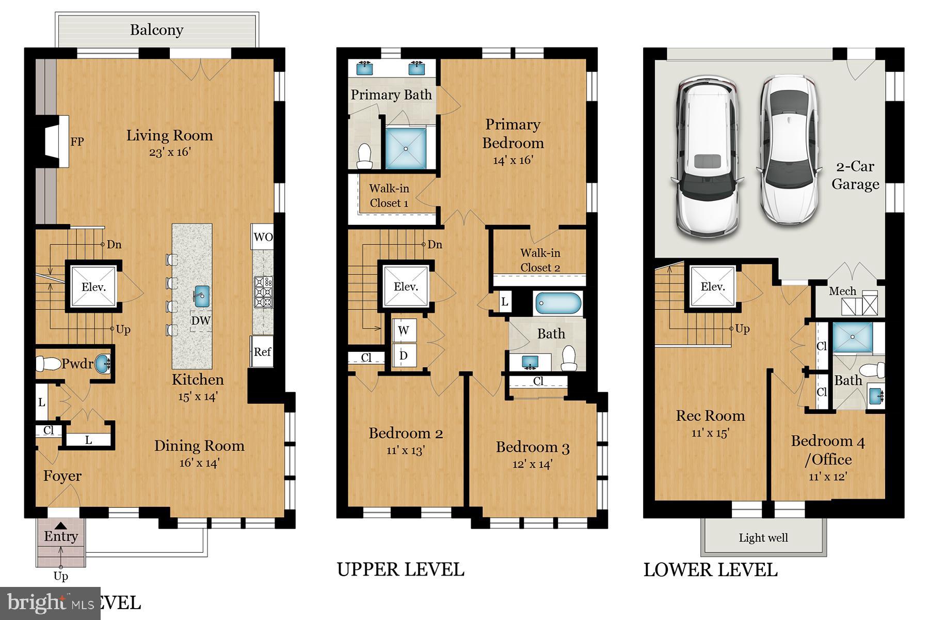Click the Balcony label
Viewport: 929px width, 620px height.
pos(156,30)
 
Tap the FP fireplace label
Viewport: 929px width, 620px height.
pos(77,142)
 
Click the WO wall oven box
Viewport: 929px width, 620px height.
pos(263,237)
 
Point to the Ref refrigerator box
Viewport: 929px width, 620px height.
pos(262,352)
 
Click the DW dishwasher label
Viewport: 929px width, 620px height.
pos(201,320)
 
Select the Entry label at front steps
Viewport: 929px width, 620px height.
pos(61,536)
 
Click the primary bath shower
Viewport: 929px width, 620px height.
pos(406,149)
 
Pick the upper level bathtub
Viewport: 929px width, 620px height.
pos(558,304)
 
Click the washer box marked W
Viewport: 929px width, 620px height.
pos(404,330)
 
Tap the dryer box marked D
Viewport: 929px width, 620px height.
pos(404,355)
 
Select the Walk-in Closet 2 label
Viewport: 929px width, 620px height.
pos(540,260)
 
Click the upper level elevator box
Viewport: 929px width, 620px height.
pos(406,287)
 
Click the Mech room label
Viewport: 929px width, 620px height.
pos(842,291)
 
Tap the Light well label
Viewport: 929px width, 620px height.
pos(763,538)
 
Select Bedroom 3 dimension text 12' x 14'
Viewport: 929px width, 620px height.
pos(532,464)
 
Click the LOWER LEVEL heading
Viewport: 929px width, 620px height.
pos(710,570)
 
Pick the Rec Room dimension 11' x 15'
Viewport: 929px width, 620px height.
pos(710,433)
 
